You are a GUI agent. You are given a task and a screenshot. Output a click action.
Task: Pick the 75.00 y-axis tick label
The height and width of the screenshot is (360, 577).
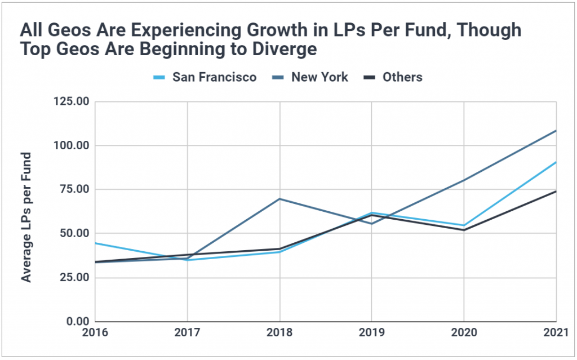(x=72, y=189)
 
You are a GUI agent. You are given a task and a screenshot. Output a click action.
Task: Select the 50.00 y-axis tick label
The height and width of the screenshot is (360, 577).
(x=72, y=233)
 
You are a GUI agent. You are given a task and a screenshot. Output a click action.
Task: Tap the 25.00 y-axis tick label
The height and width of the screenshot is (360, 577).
(x=72, y=277)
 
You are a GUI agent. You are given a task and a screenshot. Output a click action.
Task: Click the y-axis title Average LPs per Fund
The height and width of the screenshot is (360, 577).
(x=26, y=217)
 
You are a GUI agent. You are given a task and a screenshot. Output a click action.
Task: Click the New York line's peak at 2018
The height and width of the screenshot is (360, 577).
(x=279, y=199)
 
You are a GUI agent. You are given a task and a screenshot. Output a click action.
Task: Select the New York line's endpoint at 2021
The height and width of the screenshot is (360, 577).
(x=556, y=131)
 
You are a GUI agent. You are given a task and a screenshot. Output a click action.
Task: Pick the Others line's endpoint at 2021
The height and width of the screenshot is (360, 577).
(x=556, y=192)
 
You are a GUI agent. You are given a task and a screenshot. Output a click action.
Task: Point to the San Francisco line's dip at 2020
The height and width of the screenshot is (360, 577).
(x=464, y=225)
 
